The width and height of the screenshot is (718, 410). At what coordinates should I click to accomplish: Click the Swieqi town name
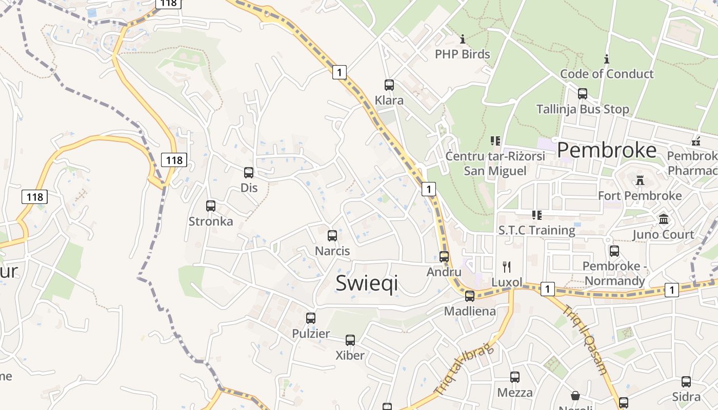click(367, 283)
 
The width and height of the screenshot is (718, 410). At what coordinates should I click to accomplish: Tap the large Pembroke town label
click(606, 150)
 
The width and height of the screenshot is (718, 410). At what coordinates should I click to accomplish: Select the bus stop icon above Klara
click(389, 85)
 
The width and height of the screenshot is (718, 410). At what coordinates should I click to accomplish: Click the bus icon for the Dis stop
click(249, 173)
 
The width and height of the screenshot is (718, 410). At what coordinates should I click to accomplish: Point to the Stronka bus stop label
click(211, 221)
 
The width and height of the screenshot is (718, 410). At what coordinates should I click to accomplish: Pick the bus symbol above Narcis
click(332, 236)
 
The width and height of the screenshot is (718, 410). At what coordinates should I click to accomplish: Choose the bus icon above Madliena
click(470, 296)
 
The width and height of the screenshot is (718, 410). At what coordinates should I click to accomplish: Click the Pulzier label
click(311, 334)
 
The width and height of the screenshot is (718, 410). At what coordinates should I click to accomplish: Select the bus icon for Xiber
click(350, 340)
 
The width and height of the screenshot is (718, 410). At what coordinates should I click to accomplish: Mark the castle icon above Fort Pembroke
click(640, 180)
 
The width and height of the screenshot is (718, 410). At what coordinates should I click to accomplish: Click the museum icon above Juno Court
click(664, 219)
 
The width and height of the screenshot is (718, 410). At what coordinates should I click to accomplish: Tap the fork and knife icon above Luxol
click(507, 266)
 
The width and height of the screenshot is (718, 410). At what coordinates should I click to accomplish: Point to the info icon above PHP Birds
click(463, 39)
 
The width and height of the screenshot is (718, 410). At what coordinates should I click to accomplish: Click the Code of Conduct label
click(607, 74)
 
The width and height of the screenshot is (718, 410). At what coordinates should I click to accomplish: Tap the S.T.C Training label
click(537, 230)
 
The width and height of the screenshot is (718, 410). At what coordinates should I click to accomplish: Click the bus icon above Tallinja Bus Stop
click(582, 94)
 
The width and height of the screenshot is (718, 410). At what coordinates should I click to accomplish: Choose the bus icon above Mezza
click(515, 377)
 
